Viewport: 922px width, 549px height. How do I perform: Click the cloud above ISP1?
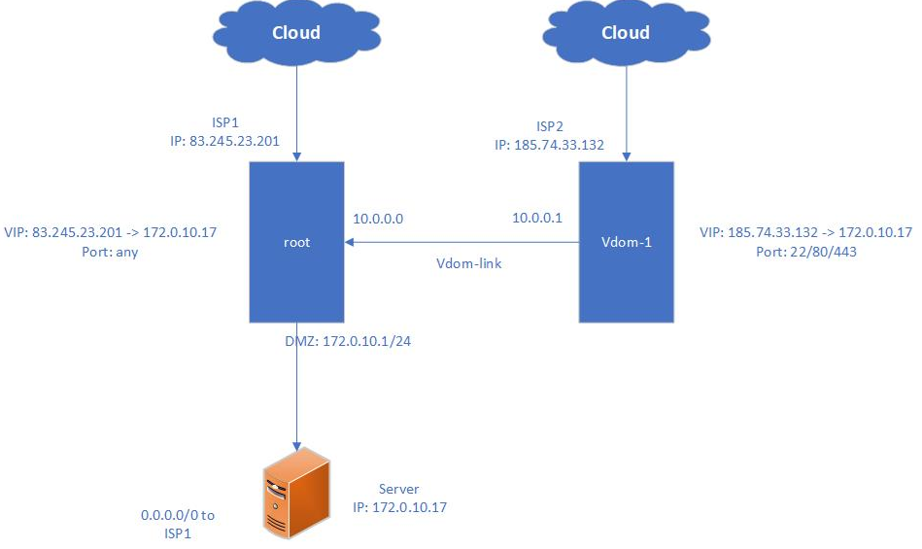(295, 34)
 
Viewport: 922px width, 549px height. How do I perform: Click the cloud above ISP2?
(625, 34)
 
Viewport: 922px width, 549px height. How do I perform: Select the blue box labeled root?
(296, 242)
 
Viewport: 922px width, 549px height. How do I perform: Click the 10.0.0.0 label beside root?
(378, 219)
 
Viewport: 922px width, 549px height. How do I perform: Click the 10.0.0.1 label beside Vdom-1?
(537, 219)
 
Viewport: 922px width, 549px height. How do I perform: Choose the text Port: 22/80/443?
(805, 251)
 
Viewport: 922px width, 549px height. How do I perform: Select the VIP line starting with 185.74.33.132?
(805, 232)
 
